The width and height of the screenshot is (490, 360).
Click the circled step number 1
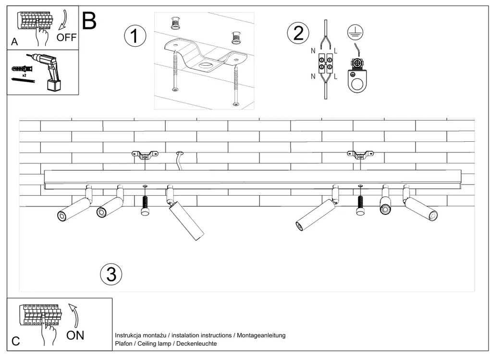[x=135, y=37]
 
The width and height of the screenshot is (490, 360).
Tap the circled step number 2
[x=298, y=33]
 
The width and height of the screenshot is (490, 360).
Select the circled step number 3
[x=111, y=274]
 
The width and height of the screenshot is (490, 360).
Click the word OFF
[x=66, y=37]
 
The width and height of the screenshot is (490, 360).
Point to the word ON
[x=75, y=335]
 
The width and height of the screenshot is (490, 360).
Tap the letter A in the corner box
[x=14, y=42]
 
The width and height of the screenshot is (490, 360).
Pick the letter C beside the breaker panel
[x=15, y=341]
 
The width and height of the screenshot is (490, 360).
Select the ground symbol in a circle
[x=355, y=32]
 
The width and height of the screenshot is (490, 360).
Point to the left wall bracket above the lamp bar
[x=145, y=155]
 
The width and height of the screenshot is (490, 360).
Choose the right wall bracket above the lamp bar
[x=360, y=155]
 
